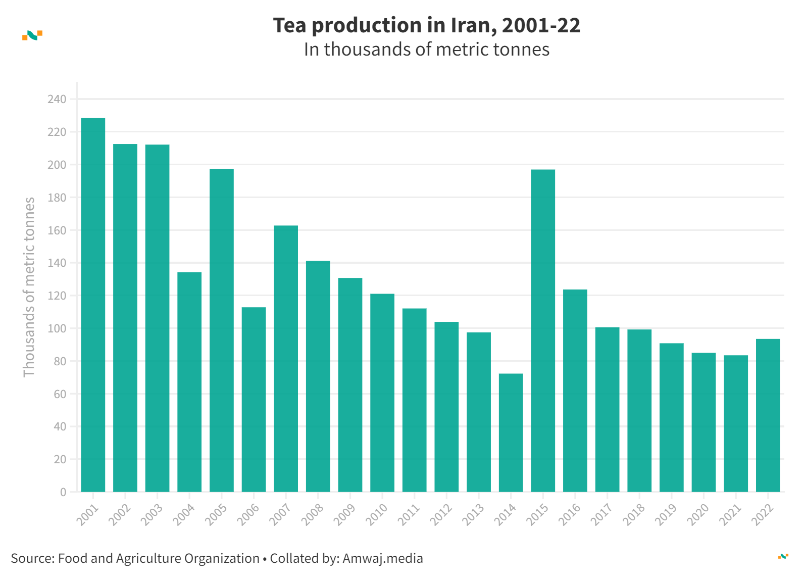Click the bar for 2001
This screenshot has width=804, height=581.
point(93,305)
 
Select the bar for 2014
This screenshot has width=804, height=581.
point(511,432)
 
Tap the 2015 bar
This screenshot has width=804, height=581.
point(543,330)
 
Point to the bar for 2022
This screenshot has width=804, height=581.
point(768,415)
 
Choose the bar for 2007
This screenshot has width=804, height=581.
point(286,358)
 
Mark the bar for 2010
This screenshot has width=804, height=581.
point(382,393)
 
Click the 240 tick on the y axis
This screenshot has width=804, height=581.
point(57,100)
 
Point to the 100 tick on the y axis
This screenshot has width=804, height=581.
point(57,329)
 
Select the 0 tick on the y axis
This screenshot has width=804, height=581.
point(63,492)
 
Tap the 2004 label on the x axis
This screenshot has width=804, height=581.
point(184,515)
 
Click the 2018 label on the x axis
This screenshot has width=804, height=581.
point(634,515)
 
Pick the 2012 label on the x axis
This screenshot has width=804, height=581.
point(441,515)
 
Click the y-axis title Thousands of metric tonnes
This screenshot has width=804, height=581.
point(29,287)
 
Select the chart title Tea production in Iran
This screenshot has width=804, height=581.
point(427,25)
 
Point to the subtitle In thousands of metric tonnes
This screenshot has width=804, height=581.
point(427,50)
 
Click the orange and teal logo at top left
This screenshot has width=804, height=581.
point(32,35)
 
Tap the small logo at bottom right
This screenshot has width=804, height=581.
point(783,556)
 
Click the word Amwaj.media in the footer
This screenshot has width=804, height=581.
point(383,558)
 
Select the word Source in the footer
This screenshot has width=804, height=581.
point(31,558)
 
